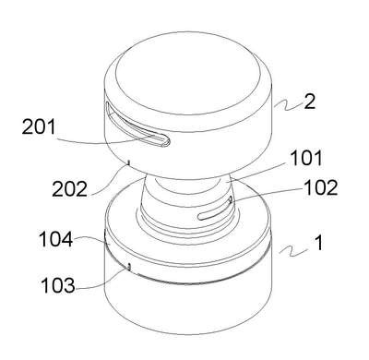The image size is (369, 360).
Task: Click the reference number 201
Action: point(39,127)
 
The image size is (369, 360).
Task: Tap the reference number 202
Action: point(69,189)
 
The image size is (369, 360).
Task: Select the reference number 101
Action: point(306,158)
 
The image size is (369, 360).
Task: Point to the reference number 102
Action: point(321,187)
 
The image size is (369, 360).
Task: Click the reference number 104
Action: point(56,239)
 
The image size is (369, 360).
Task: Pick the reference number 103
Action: point(58,285)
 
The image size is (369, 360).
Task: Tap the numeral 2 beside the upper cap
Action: point(310,102)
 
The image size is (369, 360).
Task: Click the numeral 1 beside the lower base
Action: point(319,243)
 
